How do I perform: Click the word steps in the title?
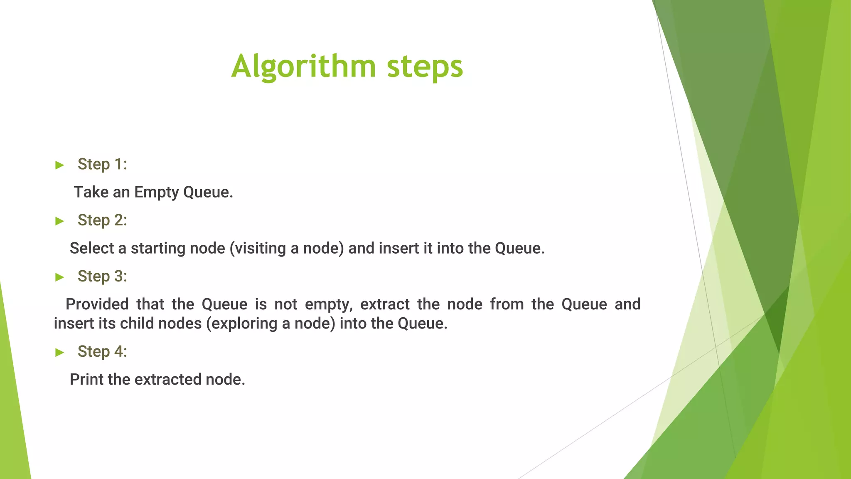coord(425,67)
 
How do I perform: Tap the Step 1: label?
coord(102,164)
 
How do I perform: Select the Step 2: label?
coord(102,220)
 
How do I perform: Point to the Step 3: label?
coord(102,277)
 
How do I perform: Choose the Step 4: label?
coord(102,352)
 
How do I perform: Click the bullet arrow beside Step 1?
coord(60,165)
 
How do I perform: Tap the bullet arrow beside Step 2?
coord(60,221)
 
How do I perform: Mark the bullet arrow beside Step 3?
coord(60,277)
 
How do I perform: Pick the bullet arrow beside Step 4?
coord(60,353)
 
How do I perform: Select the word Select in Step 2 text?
coord(92,248)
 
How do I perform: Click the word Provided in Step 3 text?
coord(97,304)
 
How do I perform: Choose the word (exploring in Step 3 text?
coord(241,323)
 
